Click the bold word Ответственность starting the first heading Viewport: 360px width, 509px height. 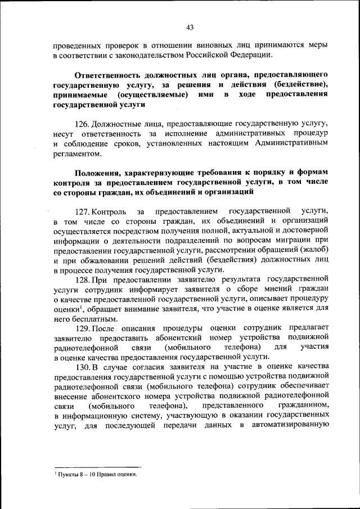click(111, 74)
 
